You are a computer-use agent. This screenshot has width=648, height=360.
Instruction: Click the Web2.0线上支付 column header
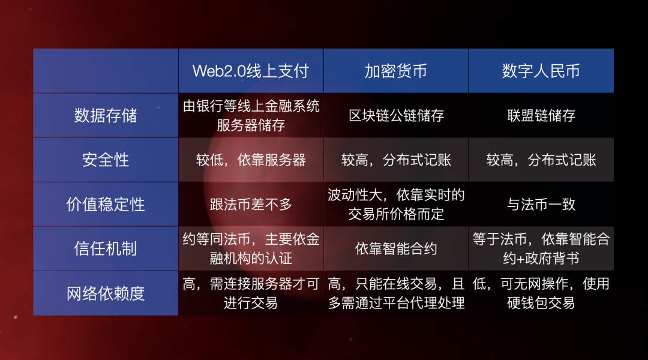251,71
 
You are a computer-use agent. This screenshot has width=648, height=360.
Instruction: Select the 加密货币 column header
396,71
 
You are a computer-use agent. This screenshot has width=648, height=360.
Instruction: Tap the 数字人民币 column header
541,71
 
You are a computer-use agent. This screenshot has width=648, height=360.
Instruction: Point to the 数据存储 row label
106,115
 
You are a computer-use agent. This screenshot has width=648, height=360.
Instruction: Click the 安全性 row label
106,160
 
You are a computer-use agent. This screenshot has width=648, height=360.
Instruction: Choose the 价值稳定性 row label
106,204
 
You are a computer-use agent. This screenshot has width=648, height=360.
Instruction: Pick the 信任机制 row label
106,248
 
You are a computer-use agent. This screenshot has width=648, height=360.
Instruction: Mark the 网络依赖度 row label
106,293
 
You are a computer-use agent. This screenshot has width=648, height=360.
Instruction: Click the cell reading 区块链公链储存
396,115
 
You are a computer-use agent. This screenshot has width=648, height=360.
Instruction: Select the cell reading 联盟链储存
541,115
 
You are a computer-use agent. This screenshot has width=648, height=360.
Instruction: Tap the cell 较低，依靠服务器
251,160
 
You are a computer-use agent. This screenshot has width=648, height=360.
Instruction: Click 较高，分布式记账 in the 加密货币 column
396,160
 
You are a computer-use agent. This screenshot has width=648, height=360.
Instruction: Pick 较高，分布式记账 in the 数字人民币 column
541,160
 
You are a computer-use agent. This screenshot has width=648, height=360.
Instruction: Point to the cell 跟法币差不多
251,204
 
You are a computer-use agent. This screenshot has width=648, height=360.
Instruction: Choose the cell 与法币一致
541,204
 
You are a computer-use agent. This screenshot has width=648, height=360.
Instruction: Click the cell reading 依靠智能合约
396,248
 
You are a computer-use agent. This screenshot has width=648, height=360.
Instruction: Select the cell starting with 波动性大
396,204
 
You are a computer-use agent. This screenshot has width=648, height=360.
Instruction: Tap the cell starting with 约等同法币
251,248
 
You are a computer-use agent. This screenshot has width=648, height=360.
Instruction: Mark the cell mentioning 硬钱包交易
541,293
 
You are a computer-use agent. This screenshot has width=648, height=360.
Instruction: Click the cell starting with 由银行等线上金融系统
251,115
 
